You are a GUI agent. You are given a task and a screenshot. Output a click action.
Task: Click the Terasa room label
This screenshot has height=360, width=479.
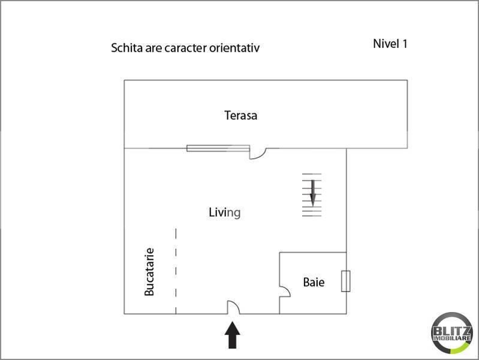point(240,115)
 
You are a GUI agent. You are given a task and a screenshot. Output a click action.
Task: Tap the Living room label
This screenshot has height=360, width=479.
point(224,212)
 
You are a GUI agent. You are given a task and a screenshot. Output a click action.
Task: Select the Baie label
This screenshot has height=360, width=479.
point(314,281)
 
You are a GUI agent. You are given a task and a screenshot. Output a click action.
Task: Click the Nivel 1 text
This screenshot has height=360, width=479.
point(390,43)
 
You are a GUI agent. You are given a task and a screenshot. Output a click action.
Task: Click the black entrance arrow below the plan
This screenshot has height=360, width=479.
point(233,335)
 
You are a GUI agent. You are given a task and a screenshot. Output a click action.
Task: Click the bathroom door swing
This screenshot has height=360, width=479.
point(285,292)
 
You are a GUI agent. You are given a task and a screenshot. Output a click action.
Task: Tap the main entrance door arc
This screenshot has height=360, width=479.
point(233,307)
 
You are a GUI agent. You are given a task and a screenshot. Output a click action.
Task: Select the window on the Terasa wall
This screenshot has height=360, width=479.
point(218,148)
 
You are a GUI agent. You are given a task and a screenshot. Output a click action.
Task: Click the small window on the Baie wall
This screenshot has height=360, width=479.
point(345,281)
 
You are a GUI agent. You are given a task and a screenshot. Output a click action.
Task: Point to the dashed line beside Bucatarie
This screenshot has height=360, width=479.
point(176,270)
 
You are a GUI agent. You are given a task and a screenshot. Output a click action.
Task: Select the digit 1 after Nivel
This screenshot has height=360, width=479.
point(405,43)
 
